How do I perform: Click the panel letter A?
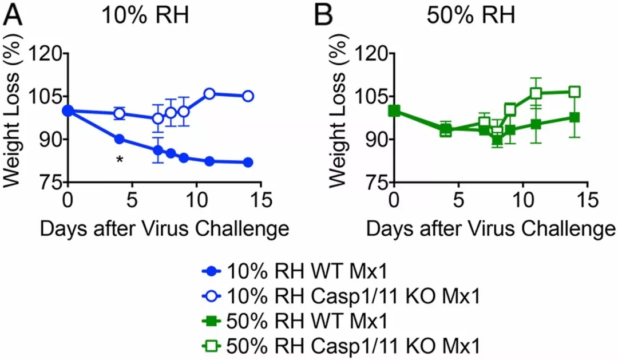point(14,15)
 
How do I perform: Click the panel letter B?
point(324,15)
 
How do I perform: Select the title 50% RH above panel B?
point(471,15)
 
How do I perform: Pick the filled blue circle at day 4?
point(120,139)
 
